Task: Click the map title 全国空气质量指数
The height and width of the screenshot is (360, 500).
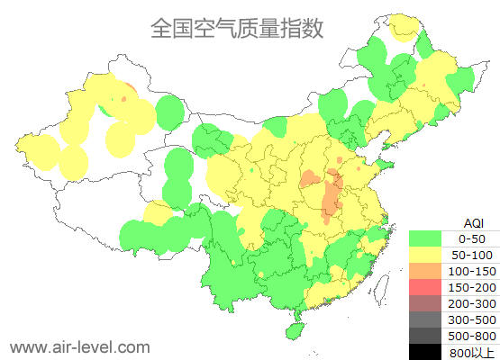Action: tap(236, 28)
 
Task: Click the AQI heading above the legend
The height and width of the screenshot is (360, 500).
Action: tap(473, 222)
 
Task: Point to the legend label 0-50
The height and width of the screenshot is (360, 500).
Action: tap(472, 238)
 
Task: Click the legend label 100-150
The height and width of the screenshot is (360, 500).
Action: tap(472, 271)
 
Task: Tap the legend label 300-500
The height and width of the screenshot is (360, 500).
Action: tap(472, 319)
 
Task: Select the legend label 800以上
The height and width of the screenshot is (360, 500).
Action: tap(472, 352)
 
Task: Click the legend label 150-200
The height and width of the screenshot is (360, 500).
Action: tap(472, 287)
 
